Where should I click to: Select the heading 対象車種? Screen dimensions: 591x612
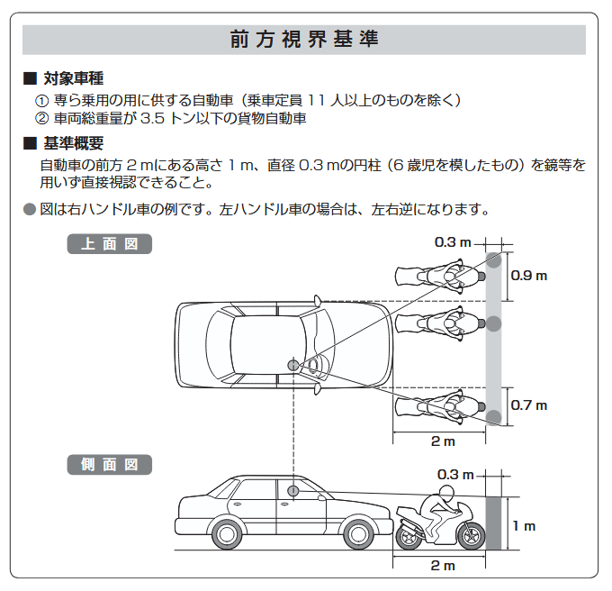pos(73,79)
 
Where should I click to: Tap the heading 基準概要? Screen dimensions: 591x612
pos(73,144)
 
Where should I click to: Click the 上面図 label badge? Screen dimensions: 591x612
pos(109,244)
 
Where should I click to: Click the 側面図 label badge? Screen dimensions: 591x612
pos(109,465)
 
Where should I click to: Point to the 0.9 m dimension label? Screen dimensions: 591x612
pos(528,276)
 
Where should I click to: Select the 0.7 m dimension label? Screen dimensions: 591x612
pos(528,405)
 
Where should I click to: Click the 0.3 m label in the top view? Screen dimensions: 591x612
pos(453,242)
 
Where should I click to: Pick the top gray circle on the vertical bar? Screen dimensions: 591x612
pos(493,259)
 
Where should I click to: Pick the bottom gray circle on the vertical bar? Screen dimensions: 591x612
pos(493,415)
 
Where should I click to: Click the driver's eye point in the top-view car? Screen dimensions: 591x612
pos(292,364)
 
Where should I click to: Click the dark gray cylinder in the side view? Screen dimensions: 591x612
pos(493,521)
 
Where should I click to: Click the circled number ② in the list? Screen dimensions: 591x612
pos(40,118)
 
